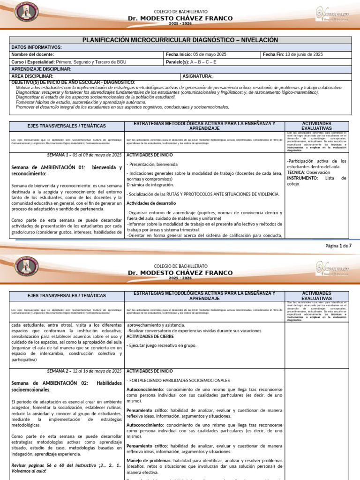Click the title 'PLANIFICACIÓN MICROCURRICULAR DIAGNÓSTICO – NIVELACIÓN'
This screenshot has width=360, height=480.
click(180, 40)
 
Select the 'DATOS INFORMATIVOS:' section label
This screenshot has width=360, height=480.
click(36, 47)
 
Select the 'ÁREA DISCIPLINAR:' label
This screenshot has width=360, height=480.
click(32, 76)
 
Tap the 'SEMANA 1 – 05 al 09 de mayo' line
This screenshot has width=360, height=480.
click(84, 155)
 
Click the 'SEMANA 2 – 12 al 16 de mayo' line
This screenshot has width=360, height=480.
click(84, 371)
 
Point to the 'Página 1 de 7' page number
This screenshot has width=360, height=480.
click(338, 246)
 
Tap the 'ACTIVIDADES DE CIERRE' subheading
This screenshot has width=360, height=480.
click(150, 336)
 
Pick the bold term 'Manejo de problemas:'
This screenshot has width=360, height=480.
click(149, 460)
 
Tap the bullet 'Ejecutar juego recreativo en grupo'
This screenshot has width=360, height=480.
click(162, 345)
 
